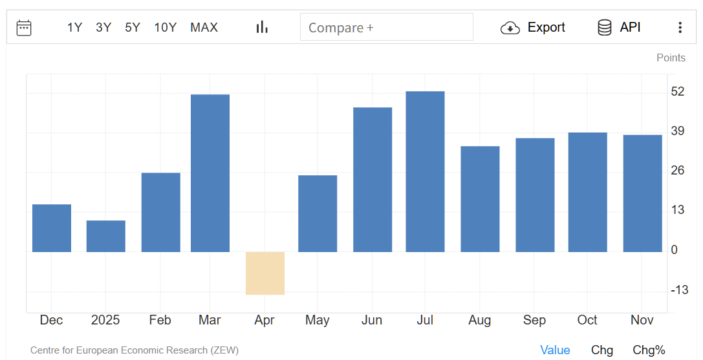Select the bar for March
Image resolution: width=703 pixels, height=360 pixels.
pyautogui.click(x=210, y=173)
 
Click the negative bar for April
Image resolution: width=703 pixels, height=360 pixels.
pyautogui.click(x=265, y=273)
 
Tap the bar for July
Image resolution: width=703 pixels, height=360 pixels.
pyautogui.click(x=425, y=171)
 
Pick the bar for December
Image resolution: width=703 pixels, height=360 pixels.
pyautogui.click(x=52, y=228)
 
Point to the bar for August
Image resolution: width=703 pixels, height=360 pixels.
pyautogui.click(x=480, y=199)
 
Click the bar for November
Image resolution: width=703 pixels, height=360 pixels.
pyautogui.click(x=642, y=193)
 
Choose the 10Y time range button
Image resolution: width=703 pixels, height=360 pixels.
pyautogui.click(x=165, y=27)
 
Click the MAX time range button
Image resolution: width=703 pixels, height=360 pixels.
pyautogui.click(x=204, y=27)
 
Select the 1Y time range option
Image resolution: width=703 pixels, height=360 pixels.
pyautogui.click(x=74, y=27)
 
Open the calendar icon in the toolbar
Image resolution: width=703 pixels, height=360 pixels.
pyautogui.click(x=24, y=27)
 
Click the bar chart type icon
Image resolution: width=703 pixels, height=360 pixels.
pyautogui.click(x=262, y=27)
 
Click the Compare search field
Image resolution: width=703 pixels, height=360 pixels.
pyautogui.click(x=386, y=27)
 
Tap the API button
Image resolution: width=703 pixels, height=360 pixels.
pyautogui.click(x=619, y=27)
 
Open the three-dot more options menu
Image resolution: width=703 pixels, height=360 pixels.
pyautogui.click(x=680, y=27)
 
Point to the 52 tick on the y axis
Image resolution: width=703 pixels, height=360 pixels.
pyautogui.click(x=678, y=92)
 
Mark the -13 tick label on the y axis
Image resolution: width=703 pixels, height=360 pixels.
pyautogui.click(x=679, y=290)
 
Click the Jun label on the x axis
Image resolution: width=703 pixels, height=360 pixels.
pyautogui.click(x=372, y=320)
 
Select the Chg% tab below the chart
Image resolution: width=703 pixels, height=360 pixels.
pyautogui.click(x=649, y=350)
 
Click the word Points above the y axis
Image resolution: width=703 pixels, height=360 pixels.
pyautogui.click(x=671, y=58)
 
